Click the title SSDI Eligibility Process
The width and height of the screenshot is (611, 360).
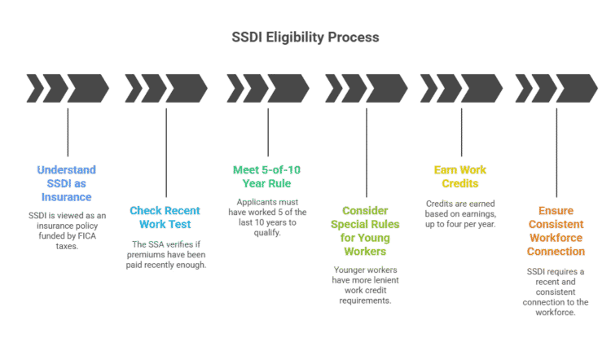click(305, 38)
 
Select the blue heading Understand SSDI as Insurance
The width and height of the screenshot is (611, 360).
click(66, 183)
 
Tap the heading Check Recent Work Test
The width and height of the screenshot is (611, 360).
click(165, 217)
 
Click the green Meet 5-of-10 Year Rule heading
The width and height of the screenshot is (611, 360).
click(267, 177)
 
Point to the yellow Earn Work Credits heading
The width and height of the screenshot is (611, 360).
click(460, 177)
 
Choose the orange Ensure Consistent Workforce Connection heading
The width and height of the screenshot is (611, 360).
click(556, 230)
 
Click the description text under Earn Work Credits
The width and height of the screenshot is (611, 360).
click(460, 213)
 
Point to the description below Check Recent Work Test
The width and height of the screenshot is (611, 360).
click(169, 253)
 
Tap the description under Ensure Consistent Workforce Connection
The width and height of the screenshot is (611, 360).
click(556, 291)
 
